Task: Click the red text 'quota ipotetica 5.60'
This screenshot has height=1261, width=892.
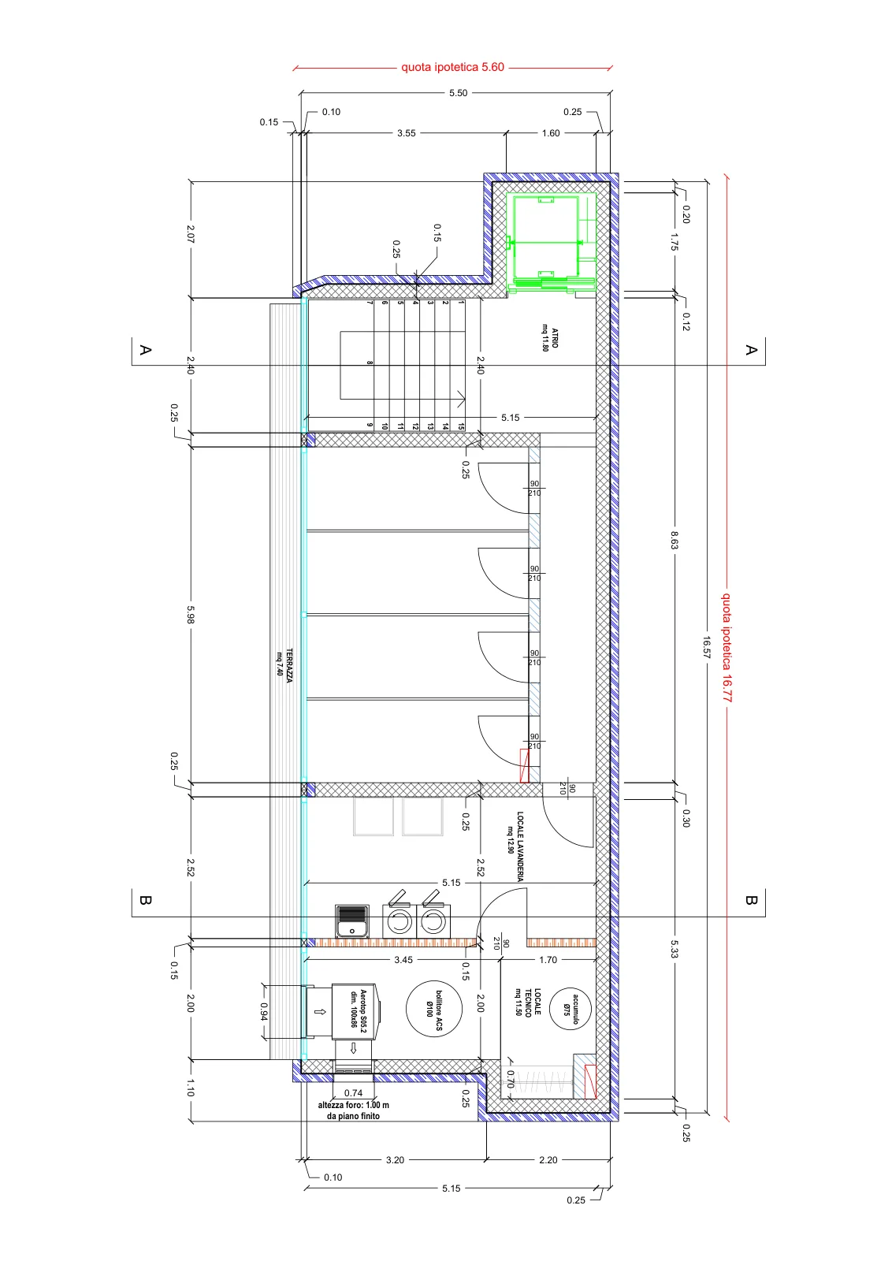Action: [452, 67]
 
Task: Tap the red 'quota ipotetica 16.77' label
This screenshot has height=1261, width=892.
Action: [727, 647]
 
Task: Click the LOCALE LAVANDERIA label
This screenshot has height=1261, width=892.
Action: [516, 846]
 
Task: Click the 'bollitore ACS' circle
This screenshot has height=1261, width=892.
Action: [434, 1010]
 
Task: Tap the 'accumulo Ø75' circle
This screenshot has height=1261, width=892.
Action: [570, 1010]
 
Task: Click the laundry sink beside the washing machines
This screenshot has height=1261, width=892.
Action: [352, 921]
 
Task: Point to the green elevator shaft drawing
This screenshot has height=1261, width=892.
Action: [551, 243]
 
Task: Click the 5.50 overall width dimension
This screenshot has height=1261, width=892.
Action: [458, 93]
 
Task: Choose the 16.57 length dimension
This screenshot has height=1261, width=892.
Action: [706, 647]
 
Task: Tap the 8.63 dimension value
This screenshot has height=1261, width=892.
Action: [675, 540]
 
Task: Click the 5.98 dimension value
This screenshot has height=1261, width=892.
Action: [191, 614]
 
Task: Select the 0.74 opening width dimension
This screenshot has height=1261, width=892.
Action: [354, 1092]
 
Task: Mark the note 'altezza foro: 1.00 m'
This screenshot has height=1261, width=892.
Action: [354, 1105]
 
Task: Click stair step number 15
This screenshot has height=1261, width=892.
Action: [461, 426]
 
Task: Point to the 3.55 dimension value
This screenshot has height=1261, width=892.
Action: [407, 133]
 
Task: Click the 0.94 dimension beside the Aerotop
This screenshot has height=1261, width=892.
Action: [264, 1012]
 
